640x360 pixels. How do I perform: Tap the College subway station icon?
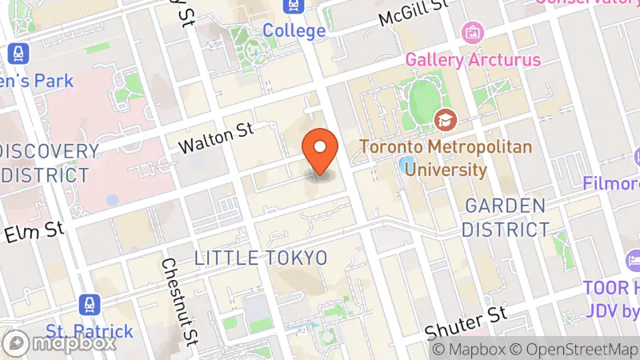(293, 7)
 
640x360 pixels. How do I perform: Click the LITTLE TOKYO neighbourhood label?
(261, 258)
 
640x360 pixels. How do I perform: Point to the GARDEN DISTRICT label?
(506, 218)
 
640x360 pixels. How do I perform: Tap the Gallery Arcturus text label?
(473, 59)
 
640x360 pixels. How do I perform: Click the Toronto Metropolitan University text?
(423, 158)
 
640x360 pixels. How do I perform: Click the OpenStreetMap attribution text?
(574, 350)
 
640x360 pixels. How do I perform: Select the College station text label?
(294, 31)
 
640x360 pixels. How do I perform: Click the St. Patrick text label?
(88, 330)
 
